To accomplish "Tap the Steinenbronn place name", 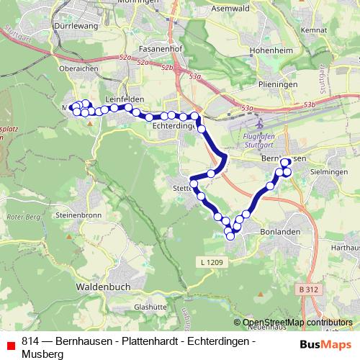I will [x=81, y=215].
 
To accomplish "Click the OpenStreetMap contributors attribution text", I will [x=297, y=323].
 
